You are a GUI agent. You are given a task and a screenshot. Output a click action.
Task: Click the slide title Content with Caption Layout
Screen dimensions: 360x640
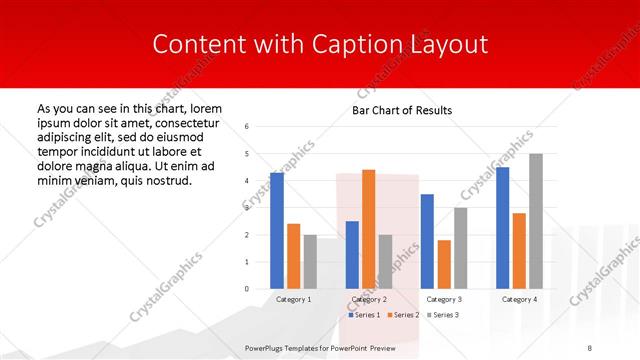(x=320, y=44)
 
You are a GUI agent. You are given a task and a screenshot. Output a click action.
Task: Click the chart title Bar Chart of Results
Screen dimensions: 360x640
(x=402, y=110)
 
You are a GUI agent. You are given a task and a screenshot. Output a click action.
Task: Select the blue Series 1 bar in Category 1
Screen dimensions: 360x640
(x=277, y=231)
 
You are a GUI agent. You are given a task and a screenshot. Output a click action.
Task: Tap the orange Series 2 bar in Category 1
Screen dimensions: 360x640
(x=293, y=256)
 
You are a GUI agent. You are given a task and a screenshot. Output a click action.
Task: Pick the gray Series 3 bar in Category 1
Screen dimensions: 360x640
(x=310, y=261)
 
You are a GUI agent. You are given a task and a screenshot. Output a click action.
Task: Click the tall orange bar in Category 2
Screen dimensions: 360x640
(x=368, y=229)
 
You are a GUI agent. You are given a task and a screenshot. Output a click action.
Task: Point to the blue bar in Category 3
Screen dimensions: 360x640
(x=427, y=241)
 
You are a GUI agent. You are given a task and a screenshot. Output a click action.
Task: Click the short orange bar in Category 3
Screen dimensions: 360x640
(x=444, y=264)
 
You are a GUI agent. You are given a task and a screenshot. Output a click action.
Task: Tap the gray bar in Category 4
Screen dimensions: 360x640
(x=536, y=221)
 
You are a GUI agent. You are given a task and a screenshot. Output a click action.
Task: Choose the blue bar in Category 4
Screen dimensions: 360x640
(x=503, y=228)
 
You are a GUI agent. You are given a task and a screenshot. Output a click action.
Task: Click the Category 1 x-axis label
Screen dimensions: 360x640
(x=293, y=299)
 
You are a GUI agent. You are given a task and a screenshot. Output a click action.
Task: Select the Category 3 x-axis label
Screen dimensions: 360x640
(x=444, y=299)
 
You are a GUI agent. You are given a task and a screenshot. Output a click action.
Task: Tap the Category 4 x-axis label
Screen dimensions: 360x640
(x=519, y=299)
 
